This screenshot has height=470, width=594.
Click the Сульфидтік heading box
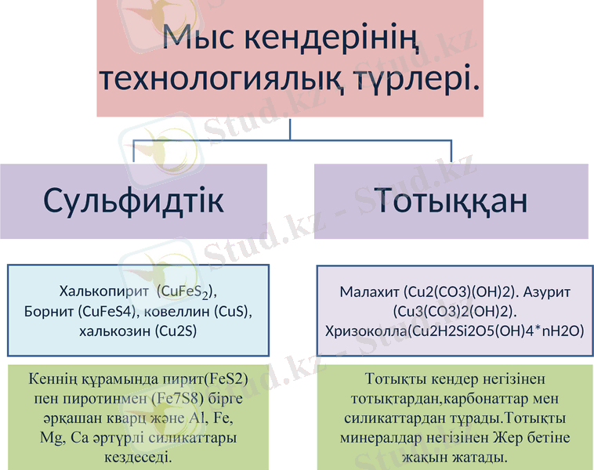click(133, 201)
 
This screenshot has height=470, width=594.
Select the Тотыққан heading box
click(451, 201)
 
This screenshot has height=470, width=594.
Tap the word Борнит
click(49, 312)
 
